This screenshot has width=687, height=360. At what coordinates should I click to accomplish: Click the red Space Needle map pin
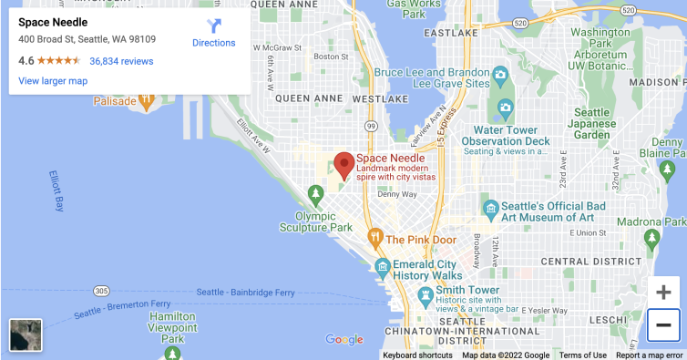click(343, 165)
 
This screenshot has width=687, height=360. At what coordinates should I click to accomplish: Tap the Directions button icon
click(214, 26)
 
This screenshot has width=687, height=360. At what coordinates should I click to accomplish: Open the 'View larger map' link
click(53, 81)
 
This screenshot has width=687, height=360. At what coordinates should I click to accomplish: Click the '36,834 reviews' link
click(121, 61)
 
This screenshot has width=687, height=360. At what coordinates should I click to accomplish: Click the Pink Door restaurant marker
click(374, 239)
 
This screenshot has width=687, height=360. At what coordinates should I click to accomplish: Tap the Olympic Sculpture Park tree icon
click(316, 193)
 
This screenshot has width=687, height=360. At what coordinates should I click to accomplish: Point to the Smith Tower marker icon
click(425, 294)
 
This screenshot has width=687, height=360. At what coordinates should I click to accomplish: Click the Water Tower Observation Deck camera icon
click(505, 110)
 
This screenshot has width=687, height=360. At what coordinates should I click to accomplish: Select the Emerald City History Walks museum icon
click(384, 266)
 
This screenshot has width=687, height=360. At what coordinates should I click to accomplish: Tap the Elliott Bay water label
click(56, 190)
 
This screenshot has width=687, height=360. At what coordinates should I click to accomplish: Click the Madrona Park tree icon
click(651, 238)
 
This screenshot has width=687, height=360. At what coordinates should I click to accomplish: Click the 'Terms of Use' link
click(583, 355)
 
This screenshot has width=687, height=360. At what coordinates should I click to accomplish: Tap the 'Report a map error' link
click(649, 355)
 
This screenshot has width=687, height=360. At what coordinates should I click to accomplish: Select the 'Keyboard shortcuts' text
click(417, 355)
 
